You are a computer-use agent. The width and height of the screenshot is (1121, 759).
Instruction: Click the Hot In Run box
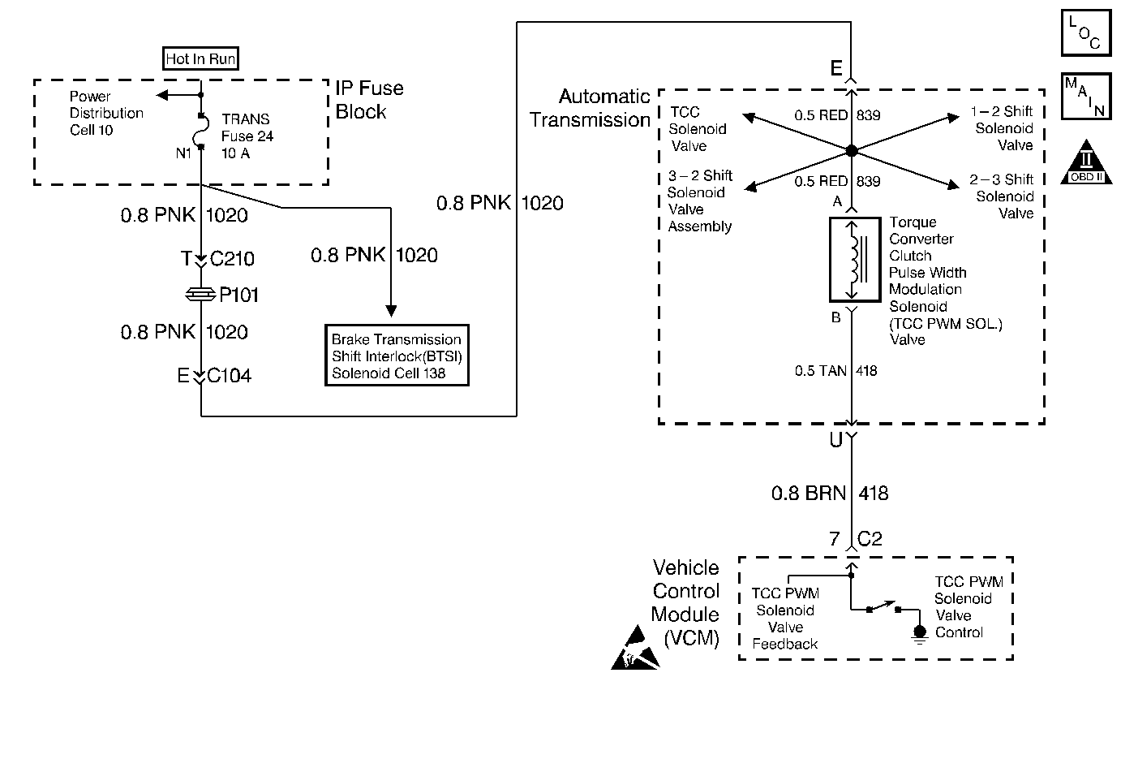[x=200, y=58]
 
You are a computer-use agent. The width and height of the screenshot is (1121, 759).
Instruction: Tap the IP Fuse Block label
[x=369, y=100]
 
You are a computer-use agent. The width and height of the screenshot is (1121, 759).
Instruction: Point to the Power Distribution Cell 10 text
[x=105, y=113]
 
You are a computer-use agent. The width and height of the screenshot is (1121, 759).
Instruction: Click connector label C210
[x=232, y=259]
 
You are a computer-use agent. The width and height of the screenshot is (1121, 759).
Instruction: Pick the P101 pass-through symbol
[x=200, y=295]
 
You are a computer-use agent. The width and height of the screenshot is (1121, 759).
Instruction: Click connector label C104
[x=229, y=376]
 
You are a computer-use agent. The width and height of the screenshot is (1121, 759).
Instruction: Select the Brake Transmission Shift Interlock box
[x=397, y=356]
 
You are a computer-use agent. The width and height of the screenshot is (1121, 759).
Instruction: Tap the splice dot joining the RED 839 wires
[x=851, y=151]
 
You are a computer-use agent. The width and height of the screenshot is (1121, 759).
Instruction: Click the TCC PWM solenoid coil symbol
[x=853, y=260]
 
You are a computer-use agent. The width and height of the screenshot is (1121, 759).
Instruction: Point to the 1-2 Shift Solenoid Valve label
[x=1003, y=128]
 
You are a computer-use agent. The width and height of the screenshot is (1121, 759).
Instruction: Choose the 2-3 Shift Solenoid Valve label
[x=1003, y=196]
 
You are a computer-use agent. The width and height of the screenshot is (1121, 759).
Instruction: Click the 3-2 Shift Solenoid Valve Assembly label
[x=699, y=201]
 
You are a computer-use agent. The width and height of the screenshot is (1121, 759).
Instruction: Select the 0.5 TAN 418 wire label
[x=835, y=371]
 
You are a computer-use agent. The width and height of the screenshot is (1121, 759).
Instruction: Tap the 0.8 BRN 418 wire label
[x=829, y=493]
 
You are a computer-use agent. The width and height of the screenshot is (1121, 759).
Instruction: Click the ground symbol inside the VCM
[x=918, y=633]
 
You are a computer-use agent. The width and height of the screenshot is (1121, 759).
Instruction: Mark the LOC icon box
[x=1085, y=33]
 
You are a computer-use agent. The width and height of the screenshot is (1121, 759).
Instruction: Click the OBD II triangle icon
[x=1087, y=162]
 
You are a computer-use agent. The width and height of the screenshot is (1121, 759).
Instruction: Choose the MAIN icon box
[x=1085, y=96]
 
